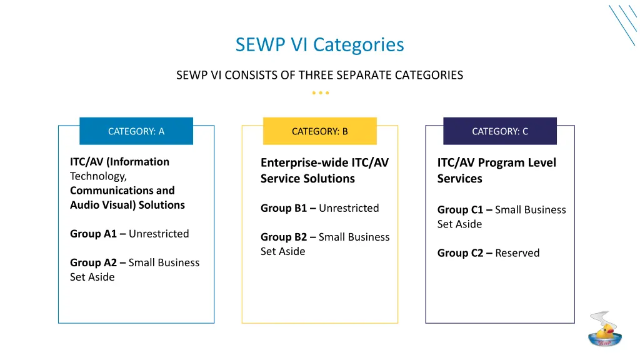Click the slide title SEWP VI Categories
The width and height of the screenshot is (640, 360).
tap(319, 45)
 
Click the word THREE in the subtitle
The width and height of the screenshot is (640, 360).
tap(316, 76)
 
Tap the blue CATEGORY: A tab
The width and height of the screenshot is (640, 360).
tap(136, 131)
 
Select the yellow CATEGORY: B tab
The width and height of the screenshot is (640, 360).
tap(319, 131)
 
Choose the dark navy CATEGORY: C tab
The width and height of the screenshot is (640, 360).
tap(500, 131)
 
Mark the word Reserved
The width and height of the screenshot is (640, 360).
tap(517, 253)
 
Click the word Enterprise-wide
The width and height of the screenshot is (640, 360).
tap(304, 163)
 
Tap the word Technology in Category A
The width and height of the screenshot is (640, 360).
tap(98, 176)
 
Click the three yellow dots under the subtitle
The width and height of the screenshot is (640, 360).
tap(320, 93)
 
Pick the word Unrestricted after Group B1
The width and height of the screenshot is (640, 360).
tap(349, 208)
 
